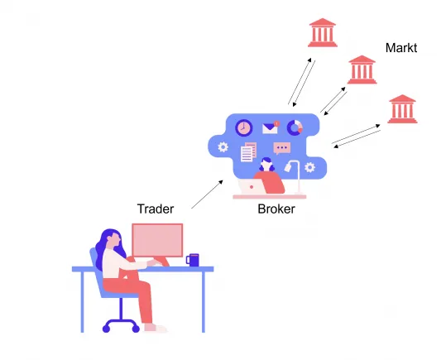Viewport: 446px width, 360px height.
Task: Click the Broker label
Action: tap(276, 209)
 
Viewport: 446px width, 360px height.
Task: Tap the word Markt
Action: tap(401, 48)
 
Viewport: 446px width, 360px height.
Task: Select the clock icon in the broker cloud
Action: tap(243, 127)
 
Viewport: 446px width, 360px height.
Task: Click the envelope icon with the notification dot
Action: tap(271, 127)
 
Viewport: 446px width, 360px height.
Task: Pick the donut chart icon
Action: tap(295, 127)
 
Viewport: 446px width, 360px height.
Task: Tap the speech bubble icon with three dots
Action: tap(281, 149)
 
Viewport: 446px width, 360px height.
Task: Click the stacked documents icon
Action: tap(248, 152)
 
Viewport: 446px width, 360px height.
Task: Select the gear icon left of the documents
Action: tap(223, 147)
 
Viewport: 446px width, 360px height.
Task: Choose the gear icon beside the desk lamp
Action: tap(309, 167)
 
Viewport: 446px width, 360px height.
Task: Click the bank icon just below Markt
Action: tap(362, 70)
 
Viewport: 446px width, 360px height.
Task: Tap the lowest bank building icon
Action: tap(402, 108)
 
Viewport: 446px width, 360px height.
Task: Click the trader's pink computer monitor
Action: tap(157, 240)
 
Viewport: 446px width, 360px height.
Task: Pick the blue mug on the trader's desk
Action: tap(193, 260)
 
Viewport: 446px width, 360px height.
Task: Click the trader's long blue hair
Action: tap(103, 248)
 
